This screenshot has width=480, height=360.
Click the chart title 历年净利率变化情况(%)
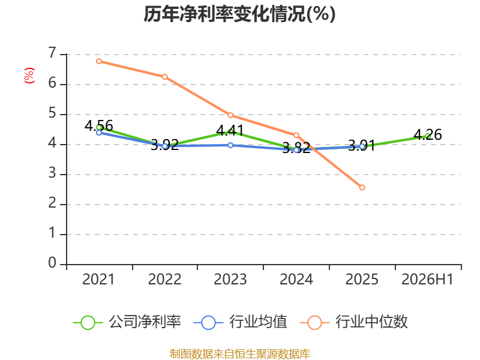(239, 14)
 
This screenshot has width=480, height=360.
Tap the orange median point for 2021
(99, 61)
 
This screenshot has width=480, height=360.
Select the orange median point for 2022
(164, 77)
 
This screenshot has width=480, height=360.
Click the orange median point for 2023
(230, 115)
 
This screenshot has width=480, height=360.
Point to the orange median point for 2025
(362, 187)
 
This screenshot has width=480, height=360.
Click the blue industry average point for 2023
(230, 145)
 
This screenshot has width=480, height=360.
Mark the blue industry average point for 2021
(99, 133)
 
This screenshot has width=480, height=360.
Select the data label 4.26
(428, 134)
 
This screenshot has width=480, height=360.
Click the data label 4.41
(230, 131)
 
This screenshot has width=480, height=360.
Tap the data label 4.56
(99, 126)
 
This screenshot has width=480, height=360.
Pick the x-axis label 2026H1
(427, 279)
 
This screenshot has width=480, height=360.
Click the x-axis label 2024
(296, 279)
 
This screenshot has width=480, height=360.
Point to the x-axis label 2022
(164, 279)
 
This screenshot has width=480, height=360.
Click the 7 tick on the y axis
(52, 53)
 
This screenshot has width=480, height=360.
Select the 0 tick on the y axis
(52, 263)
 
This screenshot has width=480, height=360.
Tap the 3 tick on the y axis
(52, 173)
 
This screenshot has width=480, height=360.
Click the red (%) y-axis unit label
(29, 76)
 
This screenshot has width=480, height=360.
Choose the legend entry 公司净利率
(127, 322)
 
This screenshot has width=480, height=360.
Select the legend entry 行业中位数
(354, 322)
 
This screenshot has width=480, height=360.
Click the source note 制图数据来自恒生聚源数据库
(240, 354)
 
